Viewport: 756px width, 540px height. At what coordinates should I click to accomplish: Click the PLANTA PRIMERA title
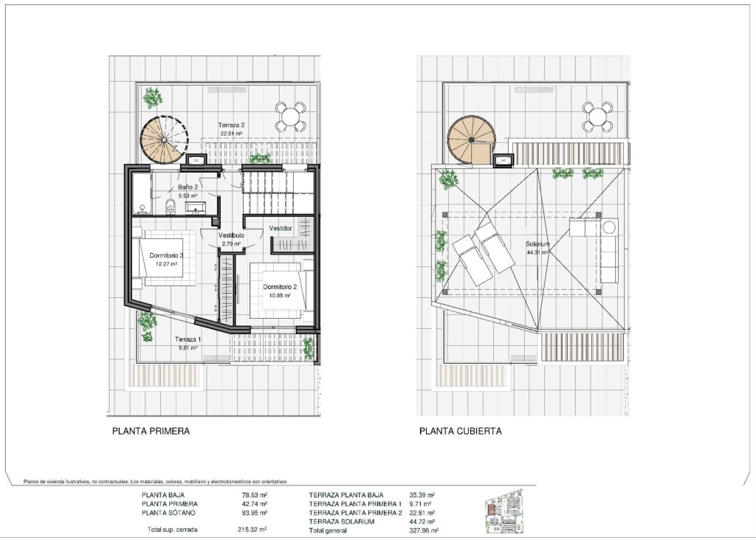[151, 432]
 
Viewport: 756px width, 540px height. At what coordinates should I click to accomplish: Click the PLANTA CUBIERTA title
[461, 432]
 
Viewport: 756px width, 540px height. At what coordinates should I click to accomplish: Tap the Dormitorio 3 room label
[166, 255]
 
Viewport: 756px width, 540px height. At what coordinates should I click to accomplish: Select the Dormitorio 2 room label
[280, 287]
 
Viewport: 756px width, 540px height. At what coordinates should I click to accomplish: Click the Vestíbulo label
[231, 235]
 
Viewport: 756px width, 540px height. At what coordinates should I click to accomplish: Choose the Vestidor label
[281, 229]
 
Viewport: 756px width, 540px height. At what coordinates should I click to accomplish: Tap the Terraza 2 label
[231, 126]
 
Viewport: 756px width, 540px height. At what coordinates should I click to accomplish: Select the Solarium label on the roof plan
[537, 244]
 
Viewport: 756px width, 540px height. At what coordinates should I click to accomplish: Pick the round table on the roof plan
[597, 116]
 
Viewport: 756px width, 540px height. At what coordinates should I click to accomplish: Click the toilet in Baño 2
[171, 206]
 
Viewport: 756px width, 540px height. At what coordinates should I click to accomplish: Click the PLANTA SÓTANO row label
[169, 513]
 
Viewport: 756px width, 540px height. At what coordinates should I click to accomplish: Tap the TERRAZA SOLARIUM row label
[342, 522]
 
